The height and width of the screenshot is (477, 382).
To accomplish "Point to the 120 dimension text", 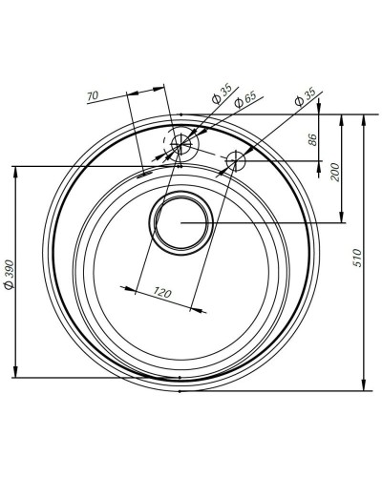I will [x=161, y=293].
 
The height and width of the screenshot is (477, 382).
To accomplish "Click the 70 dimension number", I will [x=93, y=96].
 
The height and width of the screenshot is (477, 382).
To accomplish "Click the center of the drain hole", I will [x=179, y=222].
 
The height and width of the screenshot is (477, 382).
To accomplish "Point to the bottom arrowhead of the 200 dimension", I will [x=342, y=218].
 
